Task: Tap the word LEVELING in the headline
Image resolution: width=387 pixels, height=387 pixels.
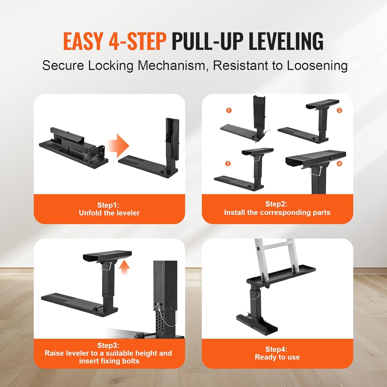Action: pos(286,41)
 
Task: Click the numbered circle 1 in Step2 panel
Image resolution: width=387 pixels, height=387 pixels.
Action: pos(229,110)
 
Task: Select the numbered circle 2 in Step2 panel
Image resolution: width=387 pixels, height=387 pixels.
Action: pos(339,110)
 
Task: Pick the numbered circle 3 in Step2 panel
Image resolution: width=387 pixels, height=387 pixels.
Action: pos(228,164)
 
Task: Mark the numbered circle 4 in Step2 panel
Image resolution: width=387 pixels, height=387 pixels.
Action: pos(339,164)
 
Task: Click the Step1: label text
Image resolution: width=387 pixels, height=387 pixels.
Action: pos(108,205)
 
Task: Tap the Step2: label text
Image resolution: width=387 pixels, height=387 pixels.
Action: pos(276,204)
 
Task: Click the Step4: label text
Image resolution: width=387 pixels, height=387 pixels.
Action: pos(276,349)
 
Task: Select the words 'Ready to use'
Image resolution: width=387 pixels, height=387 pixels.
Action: pos(277,357)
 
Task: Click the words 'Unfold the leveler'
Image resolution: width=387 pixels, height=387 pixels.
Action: pos(109,213)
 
